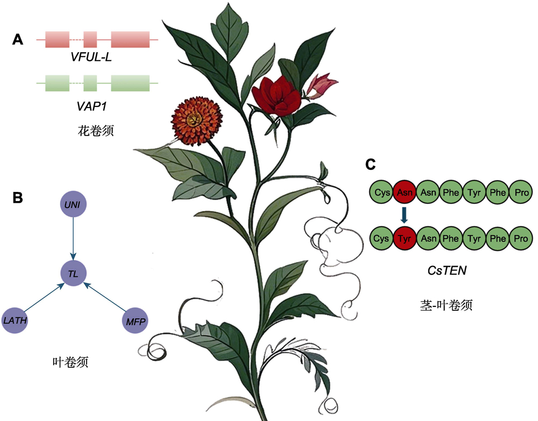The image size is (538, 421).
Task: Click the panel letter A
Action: point(18,39)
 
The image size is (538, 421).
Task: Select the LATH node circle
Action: point(16,321)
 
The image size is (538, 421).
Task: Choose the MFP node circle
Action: point(133,321)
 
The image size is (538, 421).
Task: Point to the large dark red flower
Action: point(277,96)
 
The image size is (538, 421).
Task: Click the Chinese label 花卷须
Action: point(96,130)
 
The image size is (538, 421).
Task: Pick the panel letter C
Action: point(370,163)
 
